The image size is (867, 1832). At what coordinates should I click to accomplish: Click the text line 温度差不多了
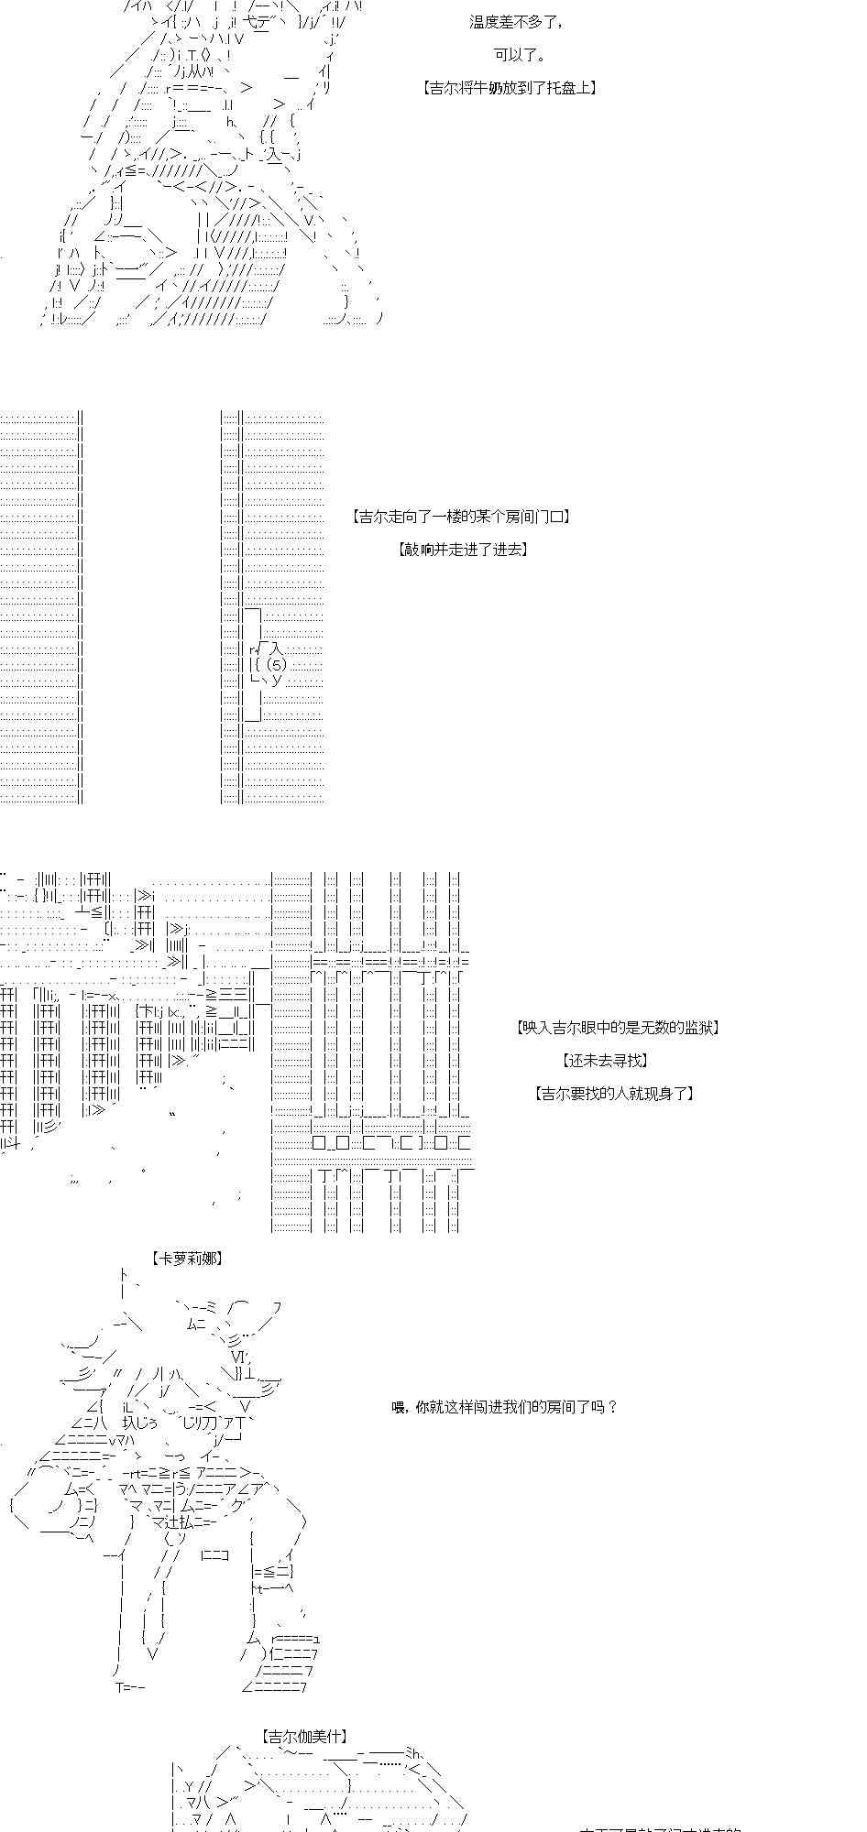pyautogui.click(x=517, y=22)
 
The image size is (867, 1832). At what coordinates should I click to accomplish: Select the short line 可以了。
pyautogui.click(x=521, y=55)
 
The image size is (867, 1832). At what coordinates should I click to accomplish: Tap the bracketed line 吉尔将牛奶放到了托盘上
pyautogui.click(x=510, y=88)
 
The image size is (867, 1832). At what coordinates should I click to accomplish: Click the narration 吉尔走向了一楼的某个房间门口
pyautogui.click(x=461, y=517)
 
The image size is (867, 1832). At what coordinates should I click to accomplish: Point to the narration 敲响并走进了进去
pyautogui.click(x=463, y=550)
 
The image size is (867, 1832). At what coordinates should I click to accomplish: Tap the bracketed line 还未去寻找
pyautogui.click(x=605, y=1061)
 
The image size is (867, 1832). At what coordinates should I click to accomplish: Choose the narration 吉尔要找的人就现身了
pyautogui.click(x=614, y=1094)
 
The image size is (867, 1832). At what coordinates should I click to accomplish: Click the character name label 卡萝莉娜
pyautogui.click(x=187, y=1259)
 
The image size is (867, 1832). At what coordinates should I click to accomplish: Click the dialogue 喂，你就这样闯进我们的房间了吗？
pyautogui.click(x=505, y=1407)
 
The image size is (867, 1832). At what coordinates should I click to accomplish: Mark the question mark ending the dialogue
pyautogui.click(x=612, y=1407)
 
